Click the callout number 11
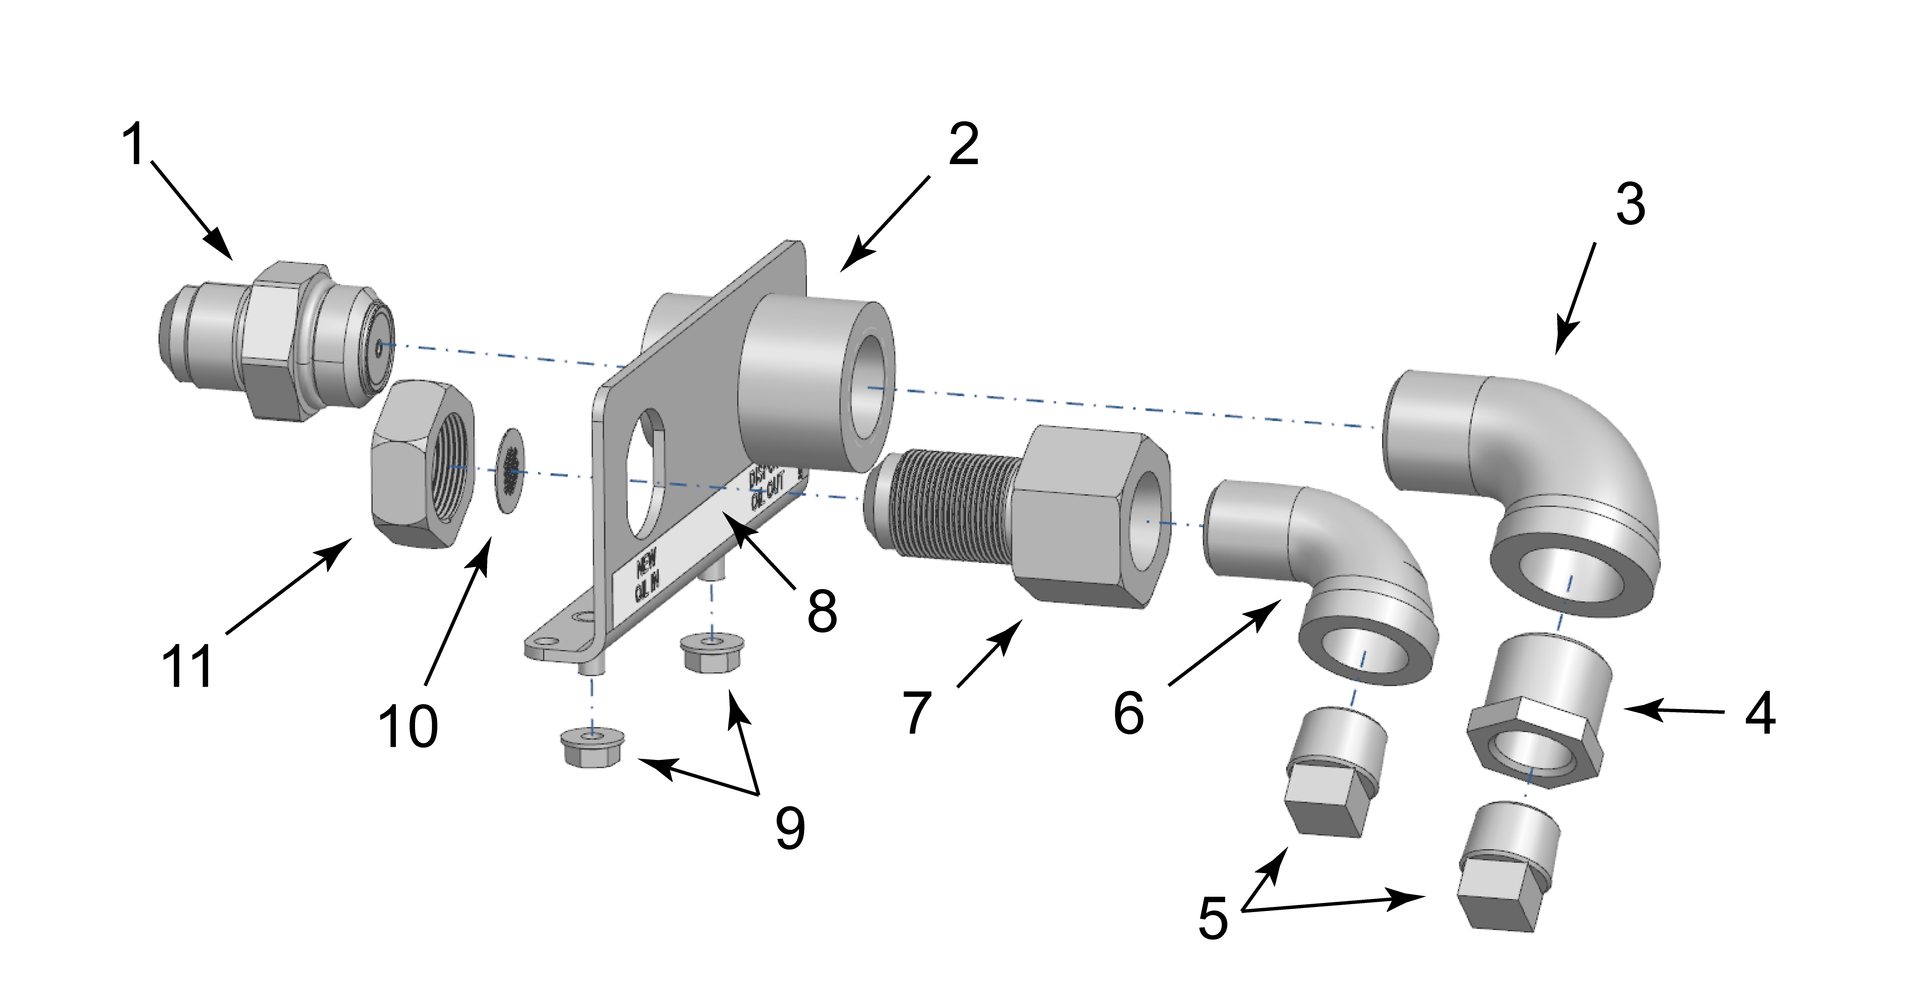[187, 666]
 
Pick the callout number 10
[408, 726]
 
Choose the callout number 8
[822, 611]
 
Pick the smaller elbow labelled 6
[1323, 565]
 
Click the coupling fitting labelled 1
[275, 342]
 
